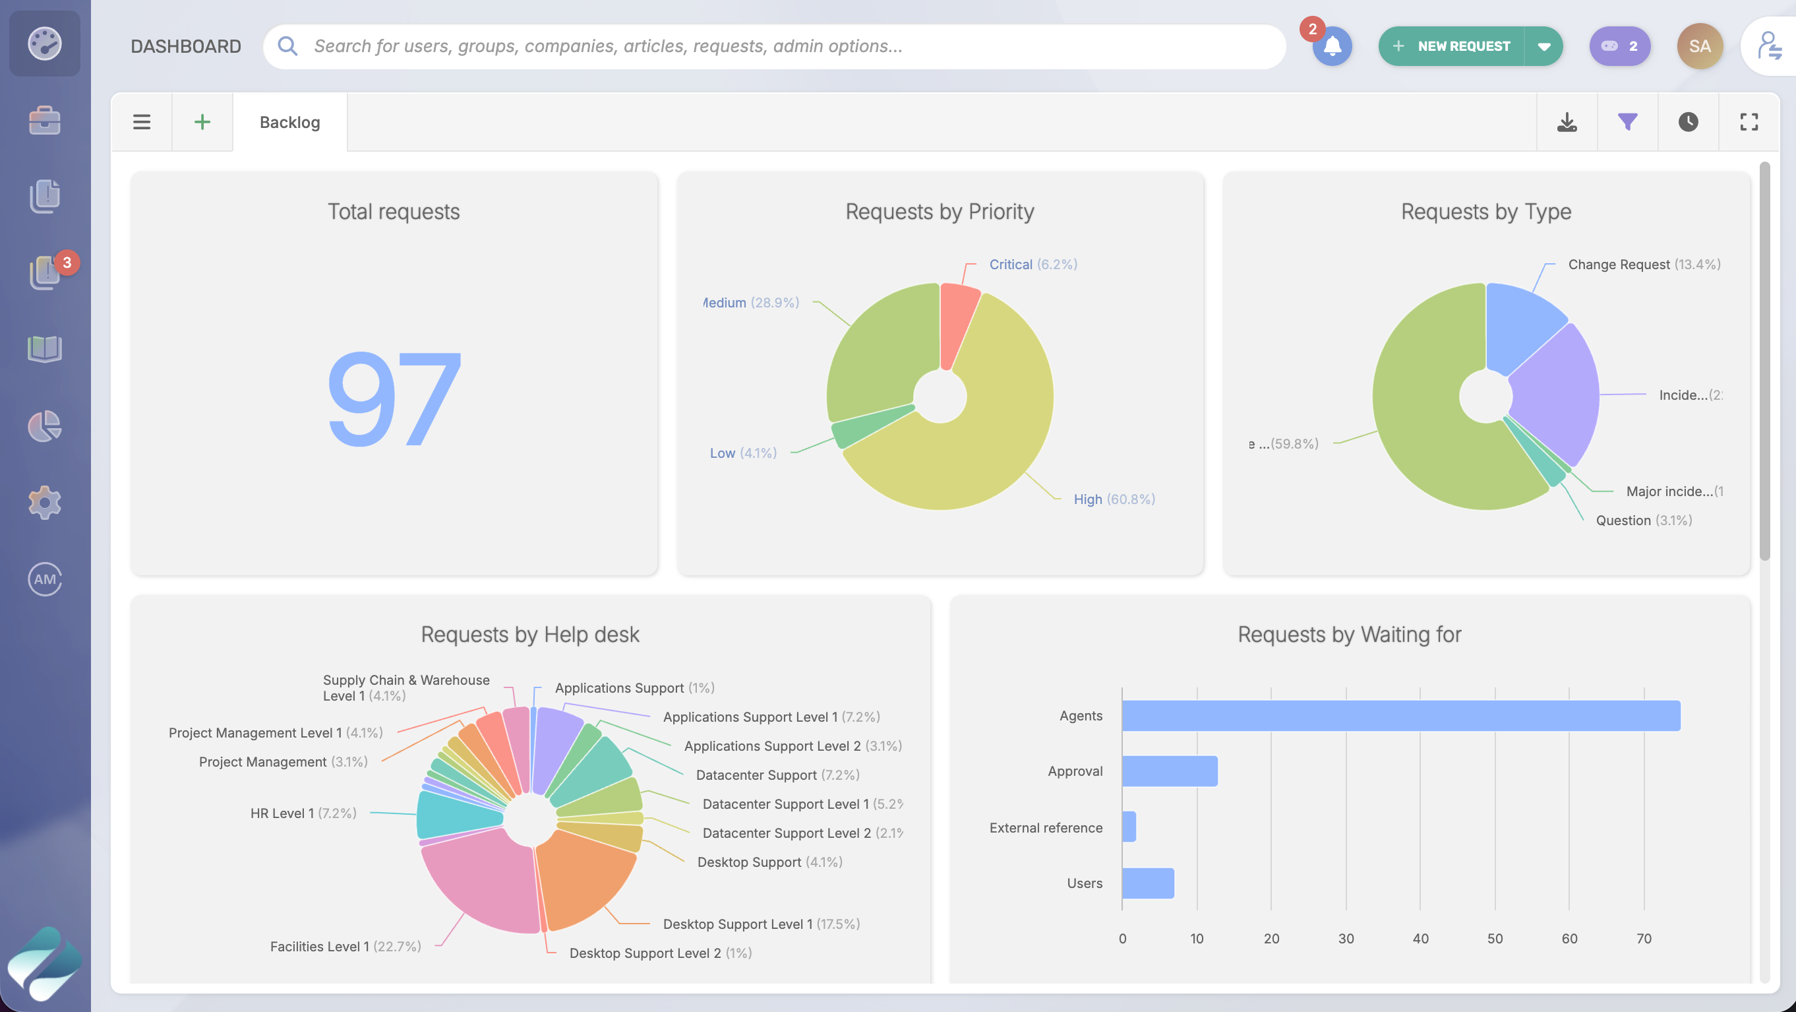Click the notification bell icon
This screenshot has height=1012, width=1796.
(1332, 47)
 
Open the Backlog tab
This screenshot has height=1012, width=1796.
(289, 122)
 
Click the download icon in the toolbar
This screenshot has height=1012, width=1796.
(1567, 122)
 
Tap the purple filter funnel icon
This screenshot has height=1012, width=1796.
(1627, 122)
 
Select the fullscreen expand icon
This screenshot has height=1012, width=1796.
(1749, 122)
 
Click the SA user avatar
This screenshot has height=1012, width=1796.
(1699, 47)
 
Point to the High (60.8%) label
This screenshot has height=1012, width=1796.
(1114, 499)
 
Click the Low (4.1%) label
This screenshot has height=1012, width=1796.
(742, 453)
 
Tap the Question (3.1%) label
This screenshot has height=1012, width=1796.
(1643, 521)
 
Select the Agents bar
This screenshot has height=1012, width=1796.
(1400, 716)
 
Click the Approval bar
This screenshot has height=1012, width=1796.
(1169, 771)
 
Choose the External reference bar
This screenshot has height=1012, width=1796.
(1129, 827)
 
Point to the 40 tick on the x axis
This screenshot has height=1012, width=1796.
(1420, 939)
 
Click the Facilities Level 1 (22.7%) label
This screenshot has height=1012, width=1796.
(345, 947)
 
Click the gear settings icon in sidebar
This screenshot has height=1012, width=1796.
(45, 502)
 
